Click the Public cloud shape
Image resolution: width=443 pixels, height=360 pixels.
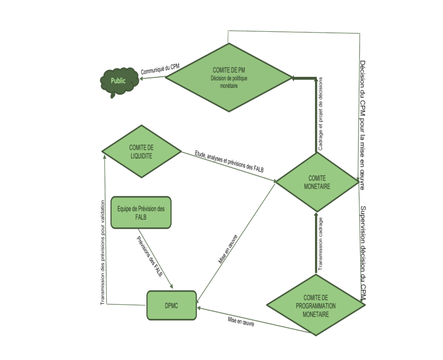[118, 81]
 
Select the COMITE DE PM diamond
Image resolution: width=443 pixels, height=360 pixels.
[229, 78]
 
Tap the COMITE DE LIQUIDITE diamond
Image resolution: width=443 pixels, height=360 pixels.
[141, 151]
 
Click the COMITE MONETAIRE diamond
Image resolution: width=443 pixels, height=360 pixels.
[317, 182]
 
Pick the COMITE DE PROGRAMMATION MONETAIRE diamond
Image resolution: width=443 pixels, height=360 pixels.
[315, 306]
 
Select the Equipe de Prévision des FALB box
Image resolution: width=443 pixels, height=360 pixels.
[141, 212]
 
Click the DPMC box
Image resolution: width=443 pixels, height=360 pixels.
[172, 305]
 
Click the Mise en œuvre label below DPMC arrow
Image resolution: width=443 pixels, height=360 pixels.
[241, 322]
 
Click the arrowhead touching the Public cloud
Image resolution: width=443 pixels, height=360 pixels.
[141, 80]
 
